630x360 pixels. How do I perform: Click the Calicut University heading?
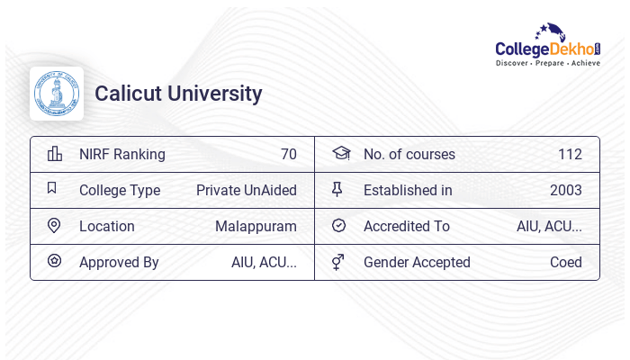click(x=178, y=94)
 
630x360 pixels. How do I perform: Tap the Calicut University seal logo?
click(x=56, y=94)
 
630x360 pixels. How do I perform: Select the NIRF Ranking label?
click(x=122, y=154)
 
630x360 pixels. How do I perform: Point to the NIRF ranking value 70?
click(x=288, y=154)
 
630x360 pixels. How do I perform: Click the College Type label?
click(x=120, y=190)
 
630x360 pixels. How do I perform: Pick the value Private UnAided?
click(x=246, y=190)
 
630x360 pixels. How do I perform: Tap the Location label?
click(x=107, y=226)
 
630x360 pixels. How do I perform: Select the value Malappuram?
click(x=256, y=226)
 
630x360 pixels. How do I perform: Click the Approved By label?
click(x=119, y=262)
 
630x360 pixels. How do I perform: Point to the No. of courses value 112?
click(x=570, y=154)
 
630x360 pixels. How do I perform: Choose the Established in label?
click(x=408, y=190)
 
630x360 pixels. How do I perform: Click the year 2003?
click(x=566, y=190)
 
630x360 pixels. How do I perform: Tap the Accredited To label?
click(x=407, y=226)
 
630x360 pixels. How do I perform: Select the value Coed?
click(x=566, y=262)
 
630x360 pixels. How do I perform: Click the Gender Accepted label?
click(x=417, y=262)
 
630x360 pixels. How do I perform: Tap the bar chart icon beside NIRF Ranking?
click(x=55, y=154)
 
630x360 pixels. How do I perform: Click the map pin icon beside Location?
click(x=54, y=226)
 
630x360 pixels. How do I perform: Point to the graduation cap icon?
click(x=340, y=153)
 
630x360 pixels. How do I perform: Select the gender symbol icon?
click(x=338, y=262)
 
